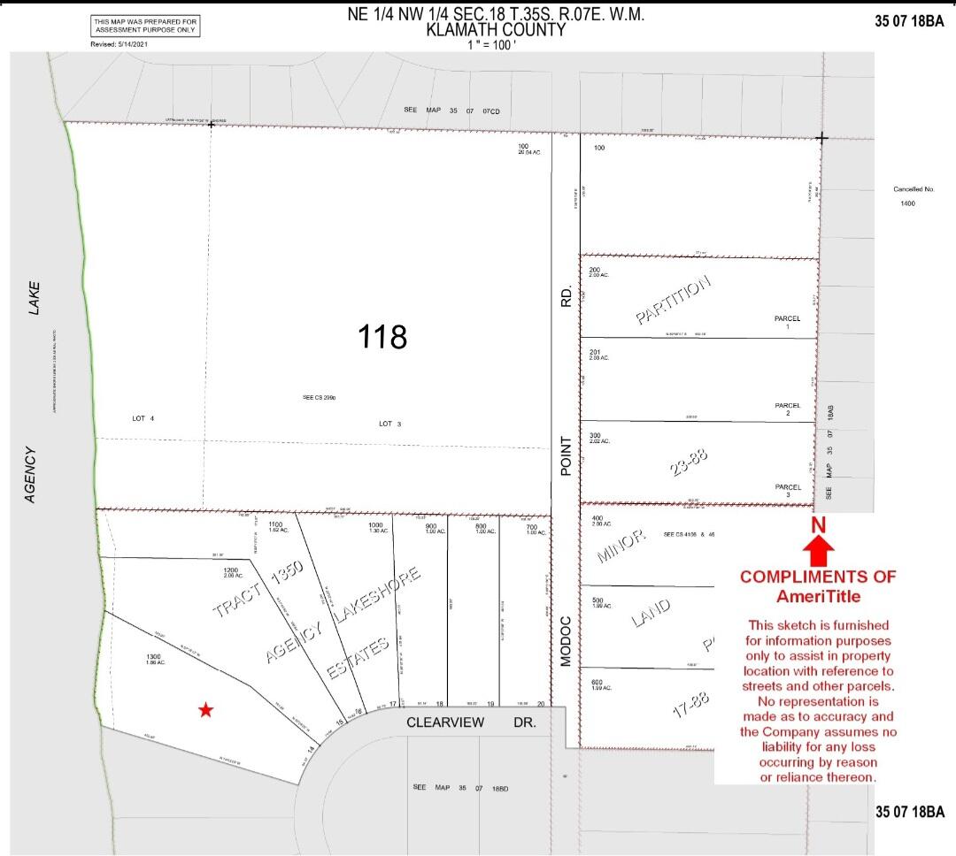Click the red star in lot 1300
click(x=205, y=709)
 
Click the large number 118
click(x=382, y=336)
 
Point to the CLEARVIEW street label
click(x=445, y=722)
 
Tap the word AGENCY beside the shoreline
click(x=31, y=475)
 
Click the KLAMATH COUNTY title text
click(x=495, y=29)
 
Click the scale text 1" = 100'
click(x=493, y=43)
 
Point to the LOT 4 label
click(x=143, y=418)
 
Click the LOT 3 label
click(x=390, y=424)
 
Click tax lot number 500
click(x=596, y=600)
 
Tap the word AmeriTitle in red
click(x=818, y=596)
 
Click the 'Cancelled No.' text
click(x=914, y=189)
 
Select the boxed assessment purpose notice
click(x=146, y=26)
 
